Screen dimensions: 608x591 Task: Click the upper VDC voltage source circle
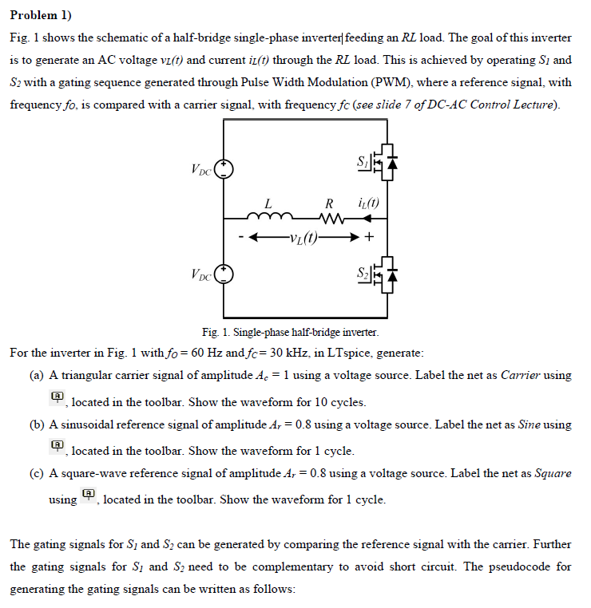225,168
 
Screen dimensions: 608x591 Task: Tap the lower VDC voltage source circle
225,274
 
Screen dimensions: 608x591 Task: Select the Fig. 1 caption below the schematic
291,331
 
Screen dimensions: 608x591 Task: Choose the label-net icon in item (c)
88,495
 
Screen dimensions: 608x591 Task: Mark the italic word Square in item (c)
553,473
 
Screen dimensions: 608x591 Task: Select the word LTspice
343,353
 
